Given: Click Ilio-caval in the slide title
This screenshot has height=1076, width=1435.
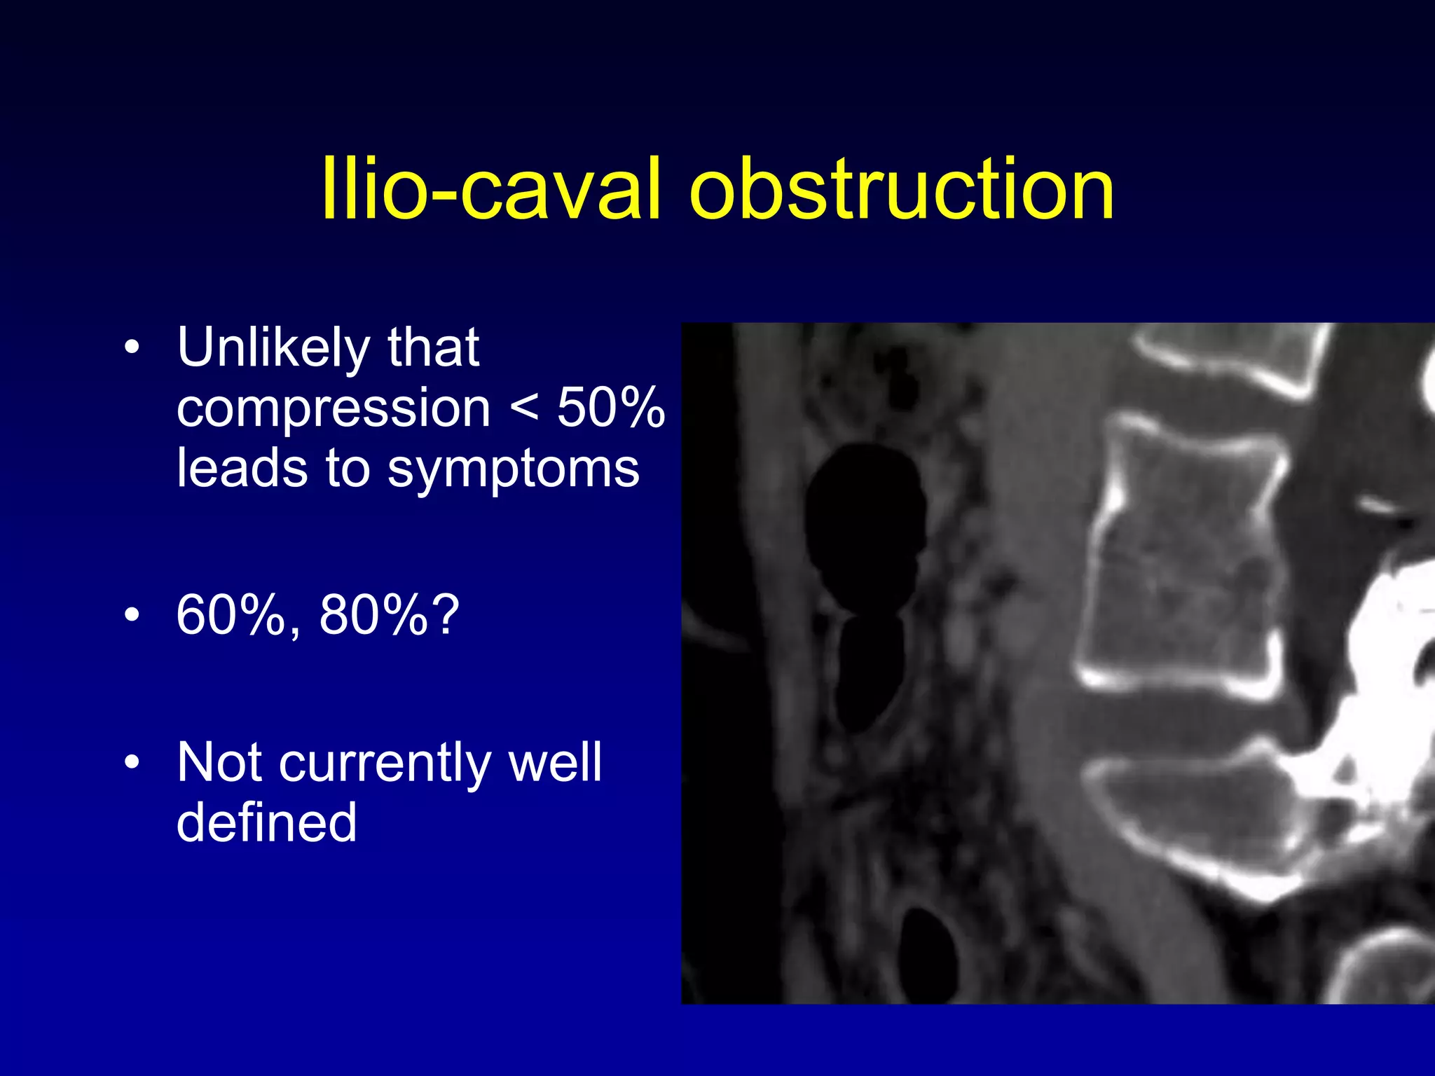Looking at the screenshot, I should pos(490,189).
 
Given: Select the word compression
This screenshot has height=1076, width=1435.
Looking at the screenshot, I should pos(334,408).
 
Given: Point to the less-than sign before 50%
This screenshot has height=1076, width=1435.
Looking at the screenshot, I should pos(524,408).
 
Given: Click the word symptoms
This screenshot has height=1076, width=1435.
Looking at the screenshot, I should pos(513,470).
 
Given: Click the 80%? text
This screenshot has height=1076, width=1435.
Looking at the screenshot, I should pos(390,615).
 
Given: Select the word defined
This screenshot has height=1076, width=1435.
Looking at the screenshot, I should pos(267,823).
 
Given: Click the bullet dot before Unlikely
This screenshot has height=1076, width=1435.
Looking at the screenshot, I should pos(132,347).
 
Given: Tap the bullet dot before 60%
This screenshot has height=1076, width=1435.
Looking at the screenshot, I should pos(132,615).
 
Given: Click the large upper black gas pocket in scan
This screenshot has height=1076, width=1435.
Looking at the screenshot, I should pos(865,525).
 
